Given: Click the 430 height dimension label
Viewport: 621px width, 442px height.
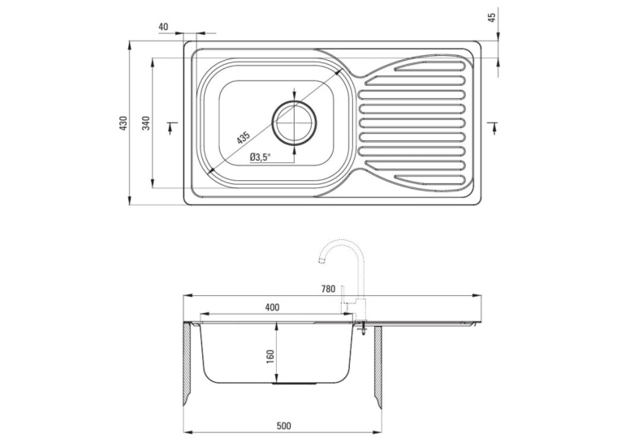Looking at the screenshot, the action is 123,123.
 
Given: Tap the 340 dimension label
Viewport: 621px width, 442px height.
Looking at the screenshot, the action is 146,123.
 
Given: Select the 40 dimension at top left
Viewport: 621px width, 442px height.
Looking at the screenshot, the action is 163,27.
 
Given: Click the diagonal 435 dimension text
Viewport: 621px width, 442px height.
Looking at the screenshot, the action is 244,138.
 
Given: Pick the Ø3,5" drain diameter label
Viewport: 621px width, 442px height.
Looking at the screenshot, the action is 260,157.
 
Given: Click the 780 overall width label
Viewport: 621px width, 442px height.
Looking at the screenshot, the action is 328,289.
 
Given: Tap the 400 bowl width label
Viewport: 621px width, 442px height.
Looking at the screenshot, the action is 272,307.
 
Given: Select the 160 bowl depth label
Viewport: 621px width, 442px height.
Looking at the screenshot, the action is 271,357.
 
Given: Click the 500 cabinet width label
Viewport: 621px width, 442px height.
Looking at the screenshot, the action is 283,426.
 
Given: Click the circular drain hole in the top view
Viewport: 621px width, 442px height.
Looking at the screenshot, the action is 294,122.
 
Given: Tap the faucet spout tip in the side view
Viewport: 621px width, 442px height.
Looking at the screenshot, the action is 321,260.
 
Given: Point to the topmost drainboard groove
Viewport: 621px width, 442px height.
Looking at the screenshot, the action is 429,66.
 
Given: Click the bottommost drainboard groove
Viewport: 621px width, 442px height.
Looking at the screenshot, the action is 429,179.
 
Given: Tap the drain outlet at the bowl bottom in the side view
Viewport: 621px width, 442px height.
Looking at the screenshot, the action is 295,384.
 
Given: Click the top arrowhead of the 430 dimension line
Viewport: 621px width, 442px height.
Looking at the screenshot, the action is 130,45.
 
